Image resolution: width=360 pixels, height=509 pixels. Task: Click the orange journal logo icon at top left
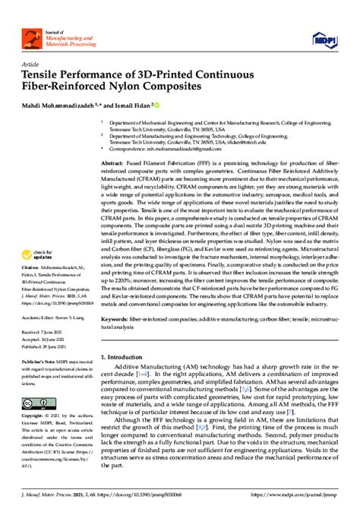coord(33,36)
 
